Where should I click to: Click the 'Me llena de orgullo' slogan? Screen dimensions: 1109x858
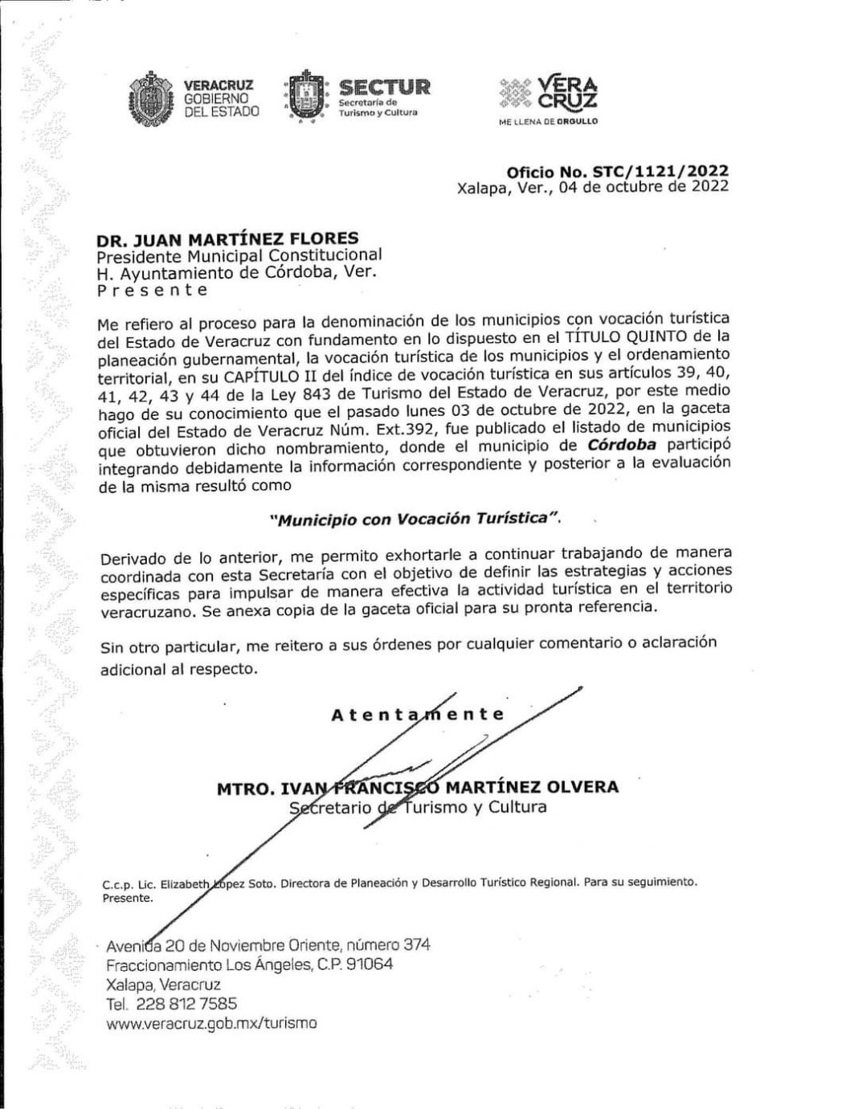click(548, 121)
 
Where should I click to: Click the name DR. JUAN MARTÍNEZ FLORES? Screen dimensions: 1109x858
click(227, 239)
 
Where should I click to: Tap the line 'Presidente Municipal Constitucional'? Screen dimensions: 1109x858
click(239, 255)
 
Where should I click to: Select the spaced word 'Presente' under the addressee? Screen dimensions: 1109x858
click(152, 289)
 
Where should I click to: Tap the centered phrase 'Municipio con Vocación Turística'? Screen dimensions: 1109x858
click(415, 519)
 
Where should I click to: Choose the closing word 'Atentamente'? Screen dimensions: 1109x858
click(418, 714)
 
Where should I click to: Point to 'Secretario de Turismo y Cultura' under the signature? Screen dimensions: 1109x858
click(418, 806)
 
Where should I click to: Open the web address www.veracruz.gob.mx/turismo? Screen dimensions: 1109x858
click(211, 1023)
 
